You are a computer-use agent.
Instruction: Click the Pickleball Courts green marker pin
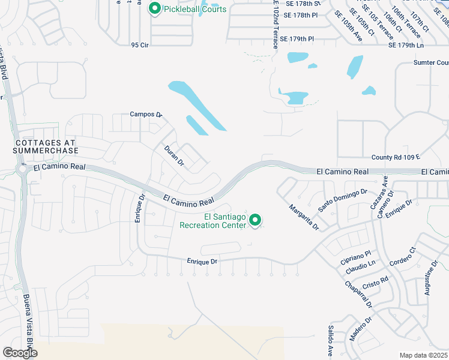[x=154, y=9]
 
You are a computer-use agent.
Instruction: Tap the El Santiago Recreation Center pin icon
[x=255, y=221]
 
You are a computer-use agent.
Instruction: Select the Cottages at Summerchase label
[x=45, y=146]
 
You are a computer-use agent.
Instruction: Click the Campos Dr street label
[x=146, y=114]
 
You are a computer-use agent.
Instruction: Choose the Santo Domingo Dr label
[x=343, y=200]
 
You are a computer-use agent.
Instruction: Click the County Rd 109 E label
[x=396, y=157]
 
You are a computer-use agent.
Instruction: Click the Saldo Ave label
[x=331, y=340]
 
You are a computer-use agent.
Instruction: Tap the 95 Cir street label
[x=139, y=45]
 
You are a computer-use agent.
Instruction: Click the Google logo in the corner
[x=20, y=352]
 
